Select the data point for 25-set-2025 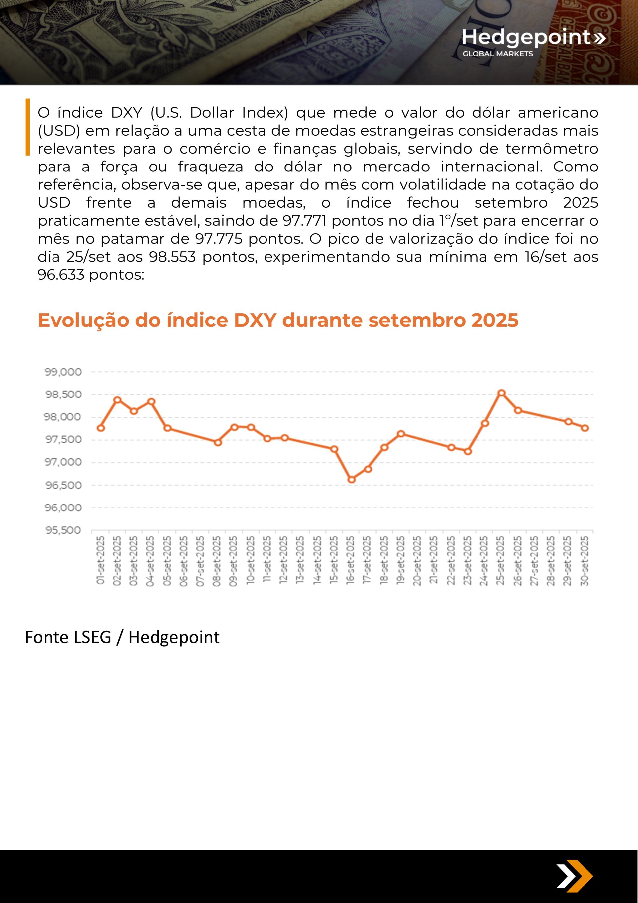point(501,393)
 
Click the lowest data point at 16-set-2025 point(352,480)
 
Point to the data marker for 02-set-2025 point(117,400)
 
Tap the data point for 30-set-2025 point(585,428)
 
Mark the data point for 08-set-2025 point(218,442)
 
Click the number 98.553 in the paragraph point(172,257)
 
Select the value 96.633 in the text point(61,275)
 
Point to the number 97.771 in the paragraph point(305,221)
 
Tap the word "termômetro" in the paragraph point(552,149)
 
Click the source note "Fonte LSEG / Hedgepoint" point(122,637)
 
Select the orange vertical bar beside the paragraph point(28,127)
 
